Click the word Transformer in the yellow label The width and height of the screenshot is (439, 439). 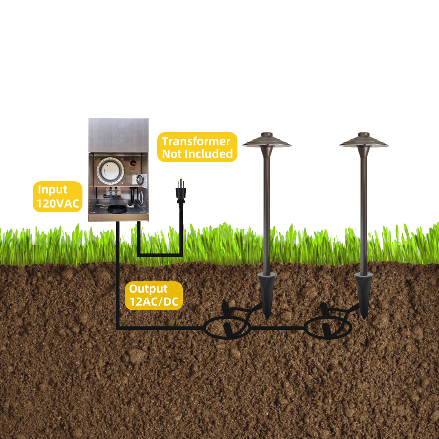(x=196, y=141)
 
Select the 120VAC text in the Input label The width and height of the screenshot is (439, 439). (x=58, y=203)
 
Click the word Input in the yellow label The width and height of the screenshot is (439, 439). (x=52, y=190)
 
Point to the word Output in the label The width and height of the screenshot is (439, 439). (x=148, y=289)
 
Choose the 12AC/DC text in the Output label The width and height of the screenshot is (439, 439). (x=154, y=302)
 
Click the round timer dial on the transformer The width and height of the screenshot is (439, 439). (x=110, y=171)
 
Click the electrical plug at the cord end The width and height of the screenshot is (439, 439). (x=181, y=192)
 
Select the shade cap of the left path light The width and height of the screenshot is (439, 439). (x=266, y=141)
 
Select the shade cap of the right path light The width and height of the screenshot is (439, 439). (x=363, y=141)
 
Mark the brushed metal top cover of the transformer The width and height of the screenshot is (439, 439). (x=118, y=136)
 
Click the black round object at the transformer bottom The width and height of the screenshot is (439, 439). (x=117, y=209)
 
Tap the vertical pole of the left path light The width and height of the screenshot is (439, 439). (x=266, y=210)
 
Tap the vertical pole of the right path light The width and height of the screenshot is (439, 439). (x=363, y=210)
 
